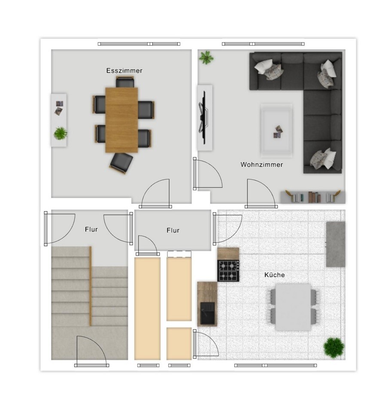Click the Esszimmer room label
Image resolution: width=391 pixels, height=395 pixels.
(124, 70)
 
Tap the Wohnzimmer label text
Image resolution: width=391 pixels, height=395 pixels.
(262, 165)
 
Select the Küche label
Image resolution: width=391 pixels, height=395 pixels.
(275, 275)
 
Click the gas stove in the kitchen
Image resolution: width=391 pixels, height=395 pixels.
(228, 271)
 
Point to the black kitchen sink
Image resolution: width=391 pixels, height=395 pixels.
(208, 313)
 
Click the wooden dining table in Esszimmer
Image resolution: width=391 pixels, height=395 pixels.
(121, 120)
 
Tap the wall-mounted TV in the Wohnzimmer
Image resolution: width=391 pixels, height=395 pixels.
(204, 118)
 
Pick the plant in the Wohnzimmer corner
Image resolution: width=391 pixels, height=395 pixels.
(206, 58)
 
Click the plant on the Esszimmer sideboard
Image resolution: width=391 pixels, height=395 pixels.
(61, 133)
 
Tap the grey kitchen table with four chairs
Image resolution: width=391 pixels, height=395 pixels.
(293, 307)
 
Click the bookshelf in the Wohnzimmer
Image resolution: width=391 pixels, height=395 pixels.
(313, 197)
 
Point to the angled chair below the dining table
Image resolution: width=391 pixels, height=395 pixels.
(121, 163)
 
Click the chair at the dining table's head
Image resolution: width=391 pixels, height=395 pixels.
(125, 82)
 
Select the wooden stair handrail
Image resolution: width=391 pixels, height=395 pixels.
(91, 286)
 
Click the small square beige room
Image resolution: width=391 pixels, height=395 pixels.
(179, 343)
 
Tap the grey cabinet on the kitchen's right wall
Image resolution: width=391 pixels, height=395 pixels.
(336, 244)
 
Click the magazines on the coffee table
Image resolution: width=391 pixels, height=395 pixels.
(278, 132)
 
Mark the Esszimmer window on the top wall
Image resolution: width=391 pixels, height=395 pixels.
(139, 44)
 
